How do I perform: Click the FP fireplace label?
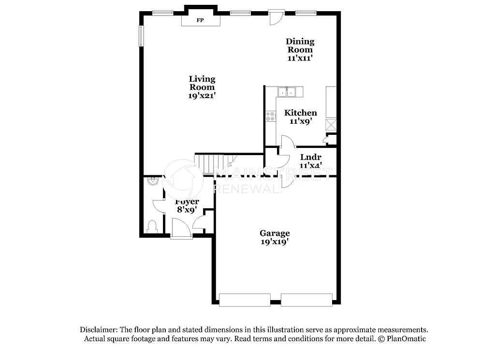(x=200, y=20)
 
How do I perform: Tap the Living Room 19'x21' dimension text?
(x=202, y=96)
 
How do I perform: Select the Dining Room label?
(x=300, y=45)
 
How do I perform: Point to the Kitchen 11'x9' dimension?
(x=300, y=122)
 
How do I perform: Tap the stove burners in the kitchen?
(x=270, y=116)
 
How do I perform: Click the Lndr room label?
(x=311, y=157)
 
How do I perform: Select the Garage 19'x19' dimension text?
(x=275, y=242)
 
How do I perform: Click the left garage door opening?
(x=245, y=300)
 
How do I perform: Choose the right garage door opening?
(x=307, y=300)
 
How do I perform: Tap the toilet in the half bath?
(x=152, y=226)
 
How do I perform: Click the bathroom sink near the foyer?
(x=152, y=181)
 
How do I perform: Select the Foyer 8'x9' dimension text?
(x=187, y=210)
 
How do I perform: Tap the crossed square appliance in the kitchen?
(x=331, y=125)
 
